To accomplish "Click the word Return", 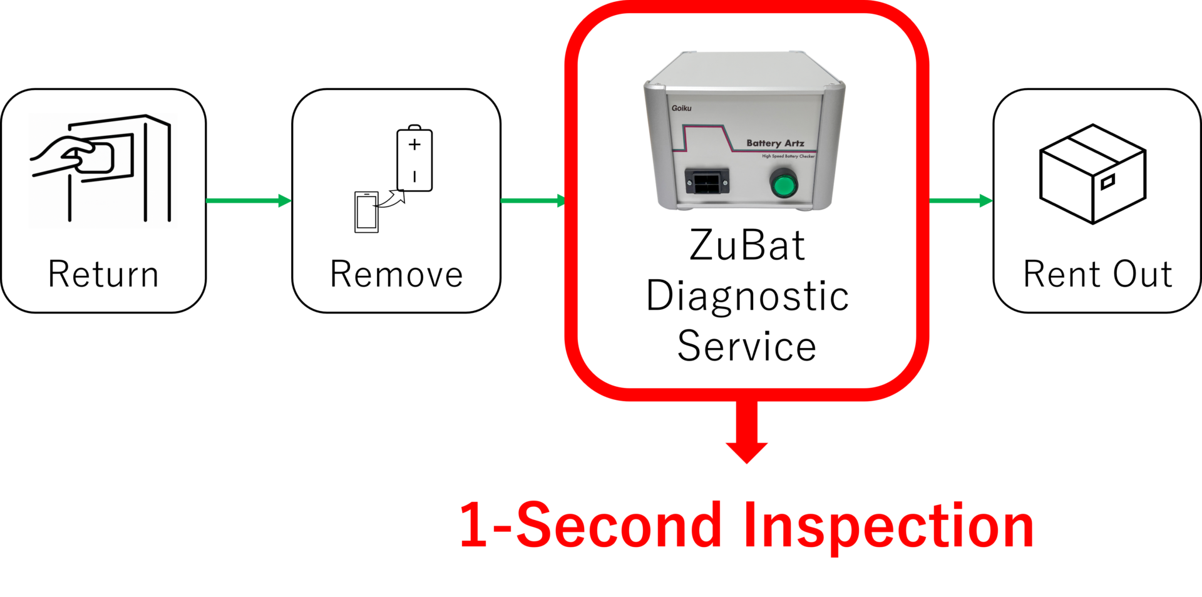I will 103,274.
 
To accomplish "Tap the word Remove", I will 396,274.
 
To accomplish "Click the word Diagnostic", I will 747,296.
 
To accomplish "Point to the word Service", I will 747,346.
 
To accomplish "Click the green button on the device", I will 783,185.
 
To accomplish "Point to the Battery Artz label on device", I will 775,143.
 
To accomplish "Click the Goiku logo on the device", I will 681,108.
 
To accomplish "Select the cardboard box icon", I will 1092,173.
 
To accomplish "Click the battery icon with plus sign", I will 414,159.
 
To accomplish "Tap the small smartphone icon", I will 366,212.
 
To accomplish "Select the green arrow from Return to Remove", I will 249,201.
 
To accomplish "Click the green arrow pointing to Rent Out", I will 960,201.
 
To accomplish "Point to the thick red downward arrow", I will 747,432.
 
